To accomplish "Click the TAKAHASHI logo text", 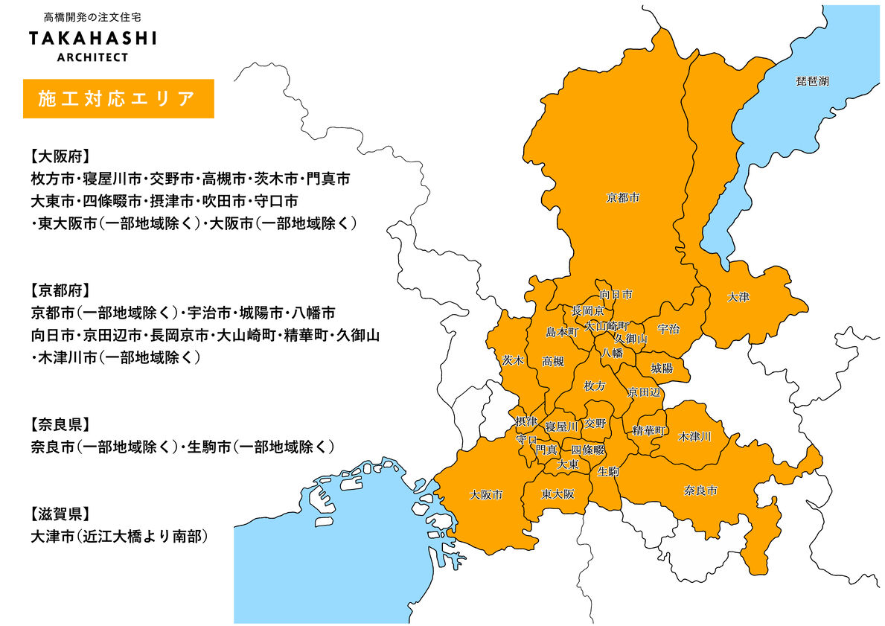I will pyautogui.click(x=93, y=38).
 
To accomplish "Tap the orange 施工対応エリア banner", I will pyautogui.click(x=118, y=98).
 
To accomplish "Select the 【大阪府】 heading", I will pyautogui.click(x=60, y=157).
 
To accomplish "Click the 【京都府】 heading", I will pyautogui.click(x=60, y=290).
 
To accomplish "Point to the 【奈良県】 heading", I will pyautogui.click(x=60, y=424).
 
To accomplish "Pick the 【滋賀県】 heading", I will pyautogui.click(x=60, y=513).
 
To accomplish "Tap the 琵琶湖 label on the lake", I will pyautogui.click(x=812, y=81).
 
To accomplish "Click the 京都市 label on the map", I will pyautogui.click(x=623, y=198).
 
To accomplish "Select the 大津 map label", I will pyautogui.click(x=738, y=297).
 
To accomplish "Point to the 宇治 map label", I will pyautogui.click(x=668, y=329).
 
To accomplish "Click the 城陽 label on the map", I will pyautogui.click(x=661, y=368).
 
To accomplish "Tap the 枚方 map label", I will pyautogui.click(x=595, y=386).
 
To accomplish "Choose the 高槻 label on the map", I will pyautogui.click(x=552, y=362).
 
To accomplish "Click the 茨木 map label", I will pyautogui.click(x=512, y=360).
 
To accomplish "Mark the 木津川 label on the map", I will pyautogui.click(x=694, y=436).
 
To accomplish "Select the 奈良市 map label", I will pyautogui.click(x=700, y=491).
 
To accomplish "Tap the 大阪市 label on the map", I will pyautogui.click(x=486, y=494).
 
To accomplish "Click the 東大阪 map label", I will pyautogui.click(x=557, y=494).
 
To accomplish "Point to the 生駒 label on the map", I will pyautogui.click(x=608, y=471).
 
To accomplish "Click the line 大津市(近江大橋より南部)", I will pyautogui.click(x=118, y=535).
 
